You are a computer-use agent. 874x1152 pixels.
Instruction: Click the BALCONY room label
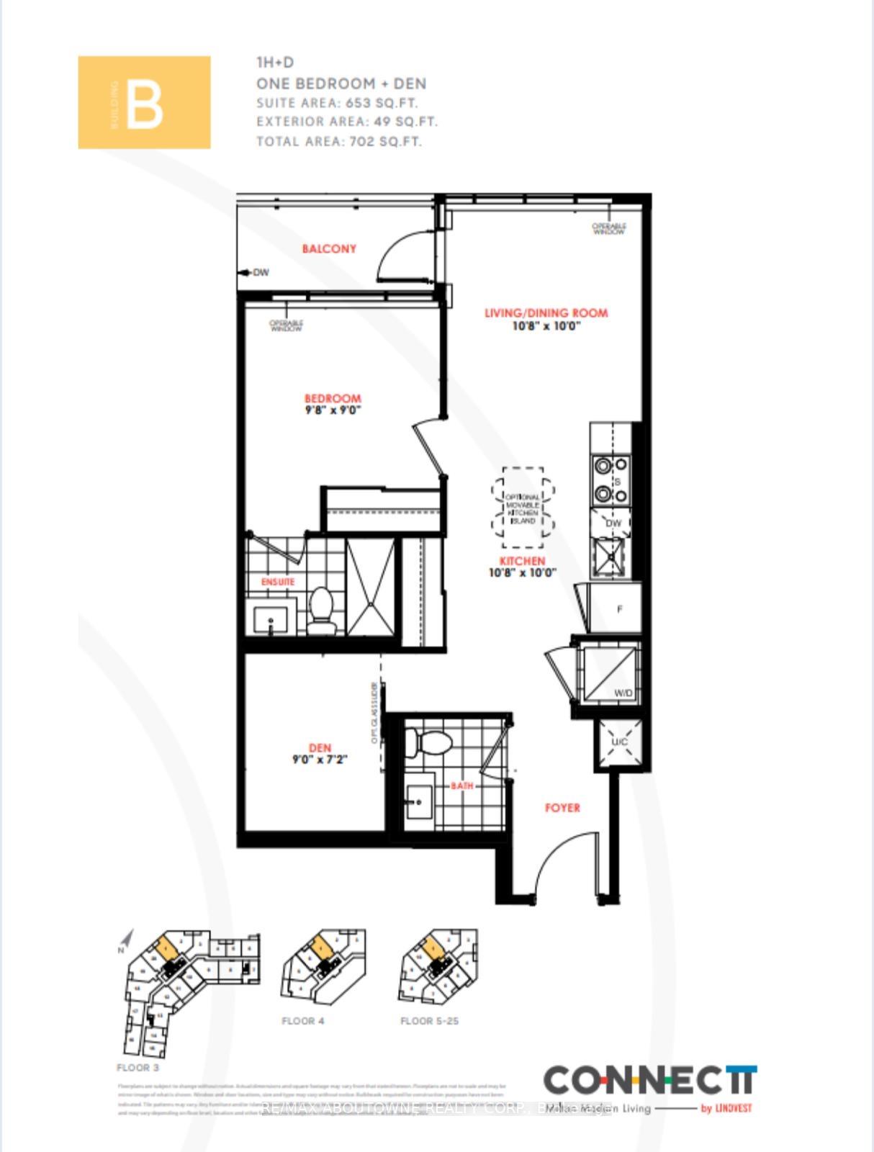329,249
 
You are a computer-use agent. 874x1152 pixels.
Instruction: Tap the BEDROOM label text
332,398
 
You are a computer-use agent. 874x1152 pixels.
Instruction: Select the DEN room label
320,749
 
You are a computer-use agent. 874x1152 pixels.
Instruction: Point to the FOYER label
562,808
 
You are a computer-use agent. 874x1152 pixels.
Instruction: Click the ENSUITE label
278,581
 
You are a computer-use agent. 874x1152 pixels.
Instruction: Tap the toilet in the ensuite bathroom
322,608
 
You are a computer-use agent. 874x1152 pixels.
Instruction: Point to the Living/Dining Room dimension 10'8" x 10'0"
546,326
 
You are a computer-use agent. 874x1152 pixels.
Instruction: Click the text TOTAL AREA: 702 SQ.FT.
338,142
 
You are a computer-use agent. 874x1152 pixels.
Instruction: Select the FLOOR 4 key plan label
302,1021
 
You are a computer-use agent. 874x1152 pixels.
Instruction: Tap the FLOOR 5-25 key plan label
429,1021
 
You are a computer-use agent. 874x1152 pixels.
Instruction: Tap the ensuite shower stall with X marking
371,587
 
